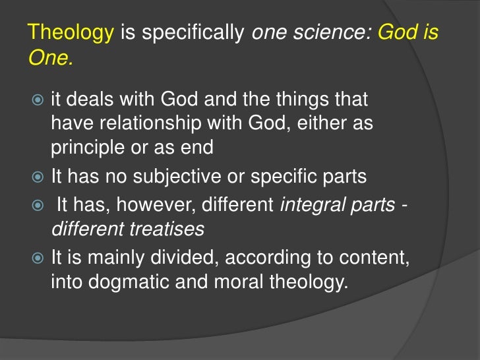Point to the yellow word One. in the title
tap(50, 58)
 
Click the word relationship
tap(144, 125)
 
